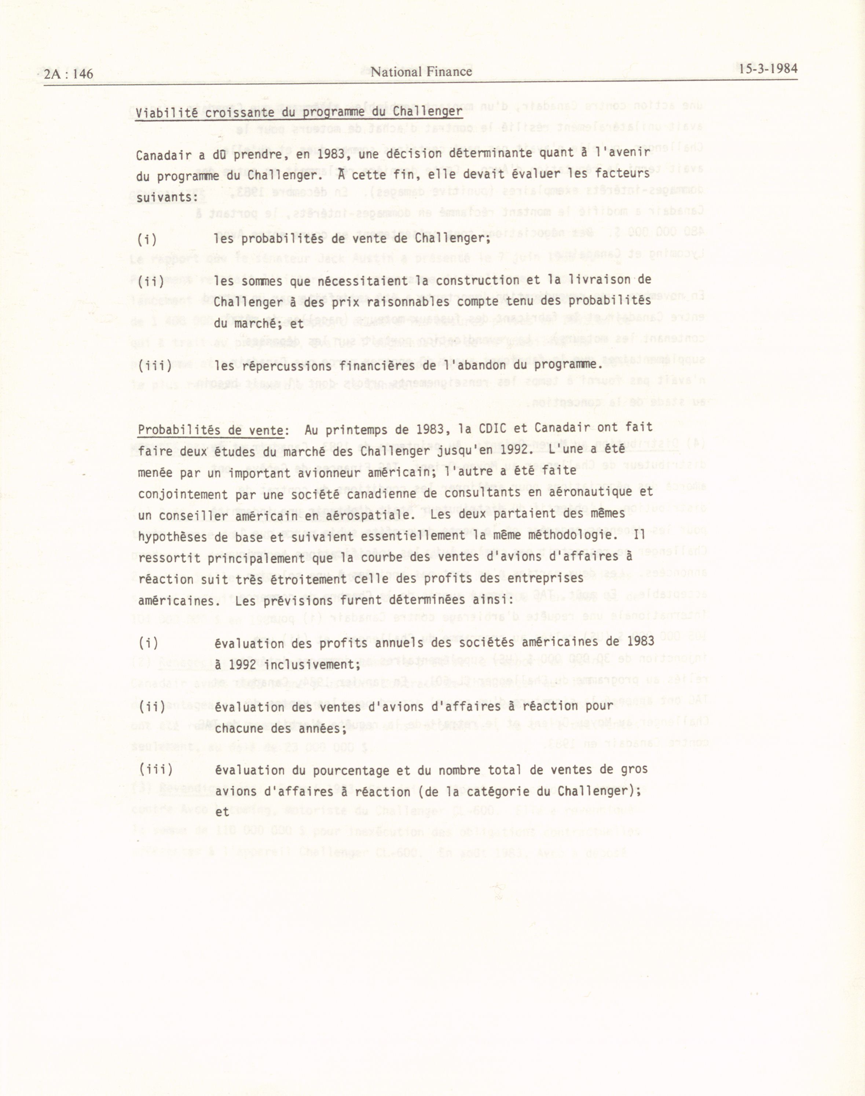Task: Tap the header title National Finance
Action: [421, 72]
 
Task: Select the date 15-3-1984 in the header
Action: [768, 69]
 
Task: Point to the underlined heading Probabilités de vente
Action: [211, 430]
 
